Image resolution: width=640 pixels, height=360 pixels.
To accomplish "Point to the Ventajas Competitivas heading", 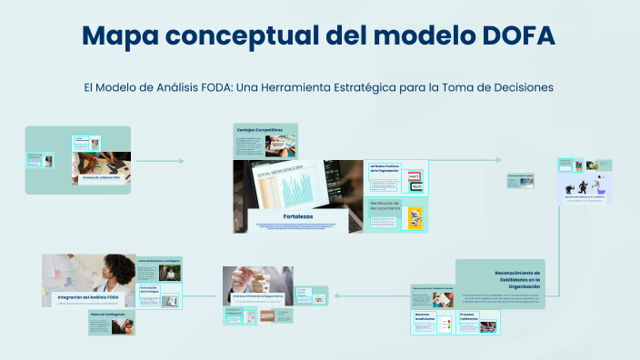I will pyautogui.click(x=260, y=130).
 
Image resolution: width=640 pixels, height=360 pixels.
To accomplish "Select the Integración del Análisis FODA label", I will pyautogui.click(x=88, y=297).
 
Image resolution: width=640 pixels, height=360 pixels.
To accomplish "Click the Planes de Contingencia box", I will pyautogui.click(x=111, y=315).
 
